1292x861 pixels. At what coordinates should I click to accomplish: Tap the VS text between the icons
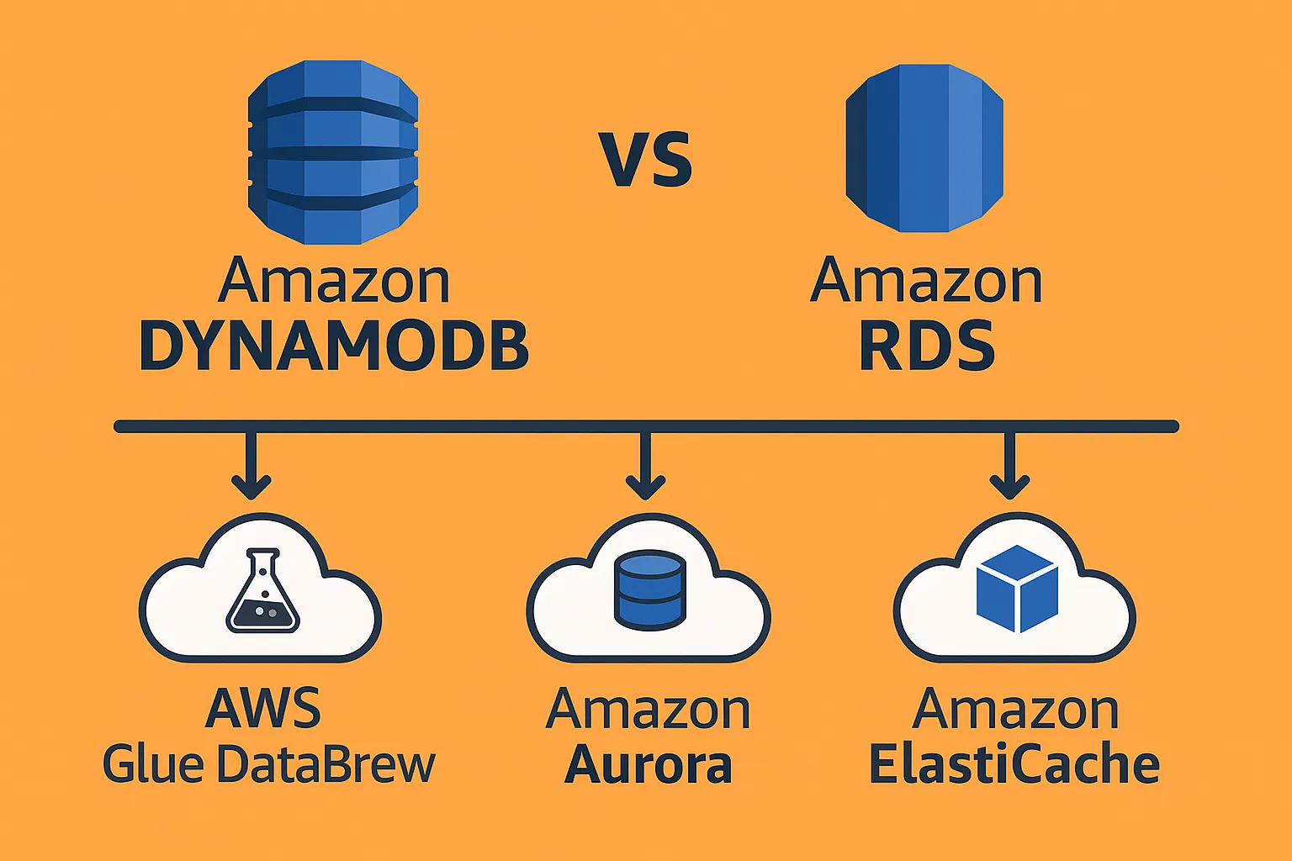(x=646, y=160)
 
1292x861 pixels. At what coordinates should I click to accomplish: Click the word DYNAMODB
(x=334, y=346)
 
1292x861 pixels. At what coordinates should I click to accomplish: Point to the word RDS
(x=926, y=346)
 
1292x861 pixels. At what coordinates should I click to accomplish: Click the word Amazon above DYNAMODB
(x=334, y=282)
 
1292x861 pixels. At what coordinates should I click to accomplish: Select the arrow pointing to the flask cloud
(x=251, y=467)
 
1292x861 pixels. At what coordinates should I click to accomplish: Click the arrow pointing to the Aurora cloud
(x=645, y=467)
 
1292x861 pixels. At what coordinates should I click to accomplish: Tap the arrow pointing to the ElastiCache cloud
(x=1009, y=467)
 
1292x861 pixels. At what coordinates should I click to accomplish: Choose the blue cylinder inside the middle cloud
(x=648, y=589)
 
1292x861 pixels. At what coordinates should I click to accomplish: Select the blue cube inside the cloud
(x=1016, y=589)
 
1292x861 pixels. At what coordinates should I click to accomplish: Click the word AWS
(x=263, y=709)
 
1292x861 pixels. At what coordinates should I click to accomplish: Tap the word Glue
(x=153, y=764)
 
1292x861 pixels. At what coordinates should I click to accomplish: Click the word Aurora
(x=648, y=765)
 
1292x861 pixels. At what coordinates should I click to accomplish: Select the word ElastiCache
(x=1014, y=765)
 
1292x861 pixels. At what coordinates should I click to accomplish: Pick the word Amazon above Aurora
(x=648, y=710)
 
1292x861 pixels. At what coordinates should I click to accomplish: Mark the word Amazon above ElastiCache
(x=1015, y=710)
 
